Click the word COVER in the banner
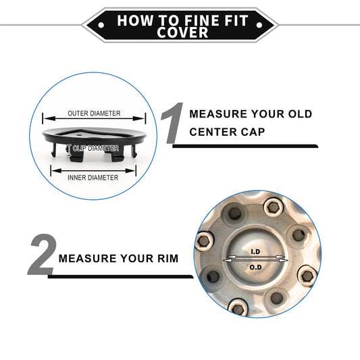click(x=182, y=32)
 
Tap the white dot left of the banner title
click(x=101, y=25)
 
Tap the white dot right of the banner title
click(x=259, y=25)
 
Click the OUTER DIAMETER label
click(x=94, y=113)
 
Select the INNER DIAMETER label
click(x=93, y=178)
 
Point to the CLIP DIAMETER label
click(x=96, y=149)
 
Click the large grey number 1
click(x=172, y=123)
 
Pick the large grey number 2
click(x=43, y=255)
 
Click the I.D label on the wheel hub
click(x=255, y=252)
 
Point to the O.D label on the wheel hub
click(x=255, y=267)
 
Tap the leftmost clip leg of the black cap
click(x=54, y=149)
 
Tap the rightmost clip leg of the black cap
click(x=134, y=149)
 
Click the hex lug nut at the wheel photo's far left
click(x=204, y=241)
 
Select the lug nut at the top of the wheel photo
click(x=273, y=208)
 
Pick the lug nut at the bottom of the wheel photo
click(x=238, y=308)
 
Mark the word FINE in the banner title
click(x=201, y=20)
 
